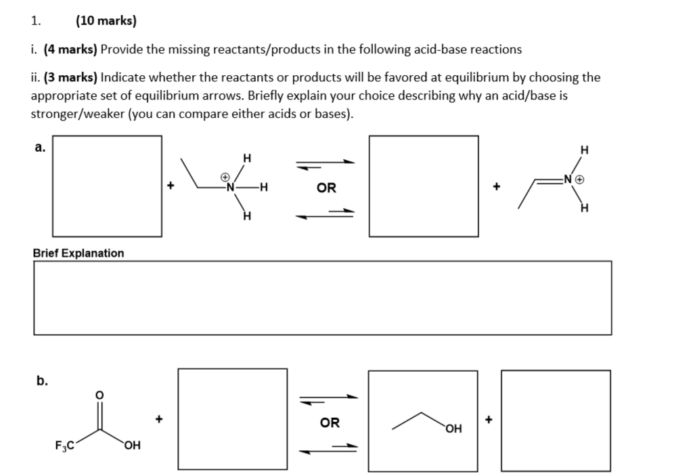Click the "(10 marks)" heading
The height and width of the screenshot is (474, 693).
tap(106, 21)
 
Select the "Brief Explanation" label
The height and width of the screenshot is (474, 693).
tap(79, 253)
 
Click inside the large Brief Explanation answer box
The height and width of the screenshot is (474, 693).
tap(322, 298)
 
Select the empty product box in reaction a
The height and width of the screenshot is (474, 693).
tap(424, 186)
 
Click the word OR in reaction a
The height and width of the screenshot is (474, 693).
tap(326, 188)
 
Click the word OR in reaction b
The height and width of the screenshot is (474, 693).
tap(330, 423)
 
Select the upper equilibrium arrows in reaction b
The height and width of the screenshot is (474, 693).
tap(329, 398)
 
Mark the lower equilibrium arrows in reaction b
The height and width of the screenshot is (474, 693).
tap(329, 448)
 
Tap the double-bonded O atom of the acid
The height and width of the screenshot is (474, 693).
tap(100, 394)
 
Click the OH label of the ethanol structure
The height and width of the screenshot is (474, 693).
tap(454, 429)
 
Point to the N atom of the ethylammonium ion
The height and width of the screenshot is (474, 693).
tap(230, 187)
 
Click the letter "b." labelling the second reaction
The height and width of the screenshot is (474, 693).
tap(42, 381)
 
